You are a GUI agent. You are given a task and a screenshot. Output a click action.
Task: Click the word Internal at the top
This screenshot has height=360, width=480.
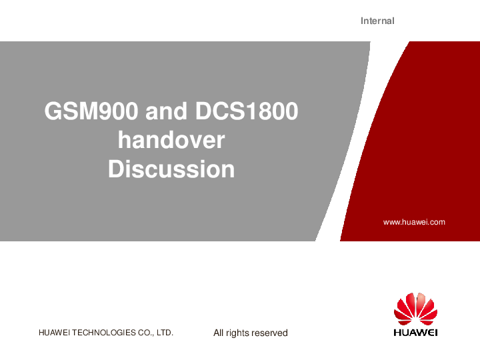pos(377,21)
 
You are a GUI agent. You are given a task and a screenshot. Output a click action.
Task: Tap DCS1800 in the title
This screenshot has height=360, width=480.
pos(247,111)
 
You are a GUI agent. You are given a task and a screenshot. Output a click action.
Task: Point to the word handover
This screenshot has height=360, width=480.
pos(171,140)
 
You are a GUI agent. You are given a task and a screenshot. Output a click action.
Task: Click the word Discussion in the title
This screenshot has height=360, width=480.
pos(171,169)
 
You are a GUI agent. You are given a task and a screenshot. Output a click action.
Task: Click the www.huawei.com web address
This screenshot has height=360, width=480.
pos(414,222)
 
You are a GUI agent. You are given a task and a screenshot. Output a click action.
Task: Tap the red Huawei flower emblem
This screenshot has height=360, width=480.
pos(415,309)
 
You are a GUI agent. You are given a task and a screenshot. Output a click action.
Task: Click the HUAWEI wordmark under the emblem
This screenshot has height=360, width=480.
pos(415,332)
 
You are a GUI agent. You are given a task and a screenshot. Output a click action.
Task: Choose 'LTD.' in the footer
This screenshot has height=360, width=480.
pos(165,333)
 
